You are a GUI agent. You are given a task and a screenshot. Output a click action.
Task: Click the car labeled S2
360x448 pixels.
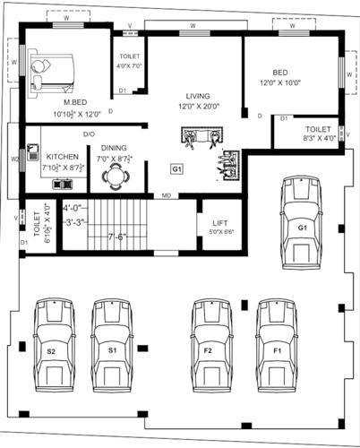point(55,344)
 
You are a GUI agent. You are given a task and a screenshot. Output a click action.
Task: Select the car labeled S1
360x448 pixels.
point(113,344)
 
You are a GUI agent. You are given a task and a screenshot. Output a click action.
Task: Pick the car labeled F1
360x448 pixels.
point(277,344)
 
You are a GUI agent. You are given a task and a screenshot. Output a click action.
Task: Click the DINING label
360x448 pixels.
point(113,148)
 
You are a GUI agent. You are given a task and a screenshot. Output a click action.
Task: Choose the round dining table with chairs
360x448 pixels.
point(113,177)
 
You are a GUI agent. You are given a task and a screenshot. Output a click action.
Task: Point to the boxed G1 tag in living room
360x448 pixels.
point(177,168)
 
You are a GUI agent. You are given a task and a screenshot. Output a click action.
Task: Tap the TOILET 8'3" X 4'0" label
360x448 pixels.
point(317,133)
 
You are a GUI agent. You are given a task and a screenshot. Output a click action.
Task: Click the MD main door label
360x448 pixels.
point(166,195)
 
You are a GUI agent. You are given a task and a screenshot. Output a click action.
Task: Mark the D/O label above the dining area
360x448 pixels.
point(90,134)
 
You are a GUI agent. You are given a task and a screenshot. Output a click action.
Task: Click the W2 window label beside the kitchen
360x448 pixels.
point(14,160)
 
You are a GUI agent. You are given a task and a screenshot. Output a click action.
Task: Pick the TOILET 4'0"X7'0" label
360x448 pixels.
point(127,60)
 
